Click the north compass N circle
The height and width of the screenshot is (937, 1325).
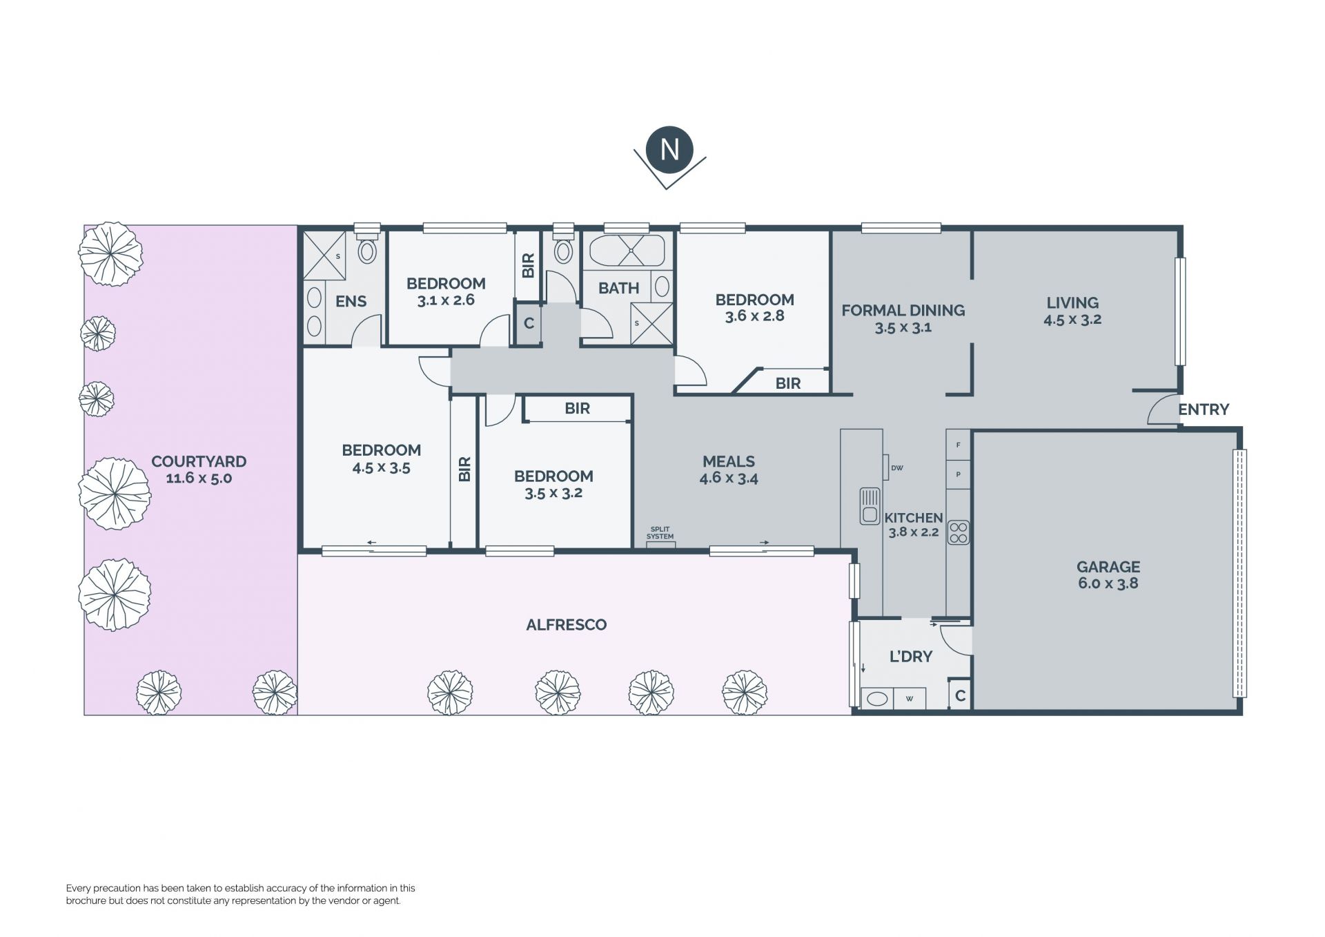(669, 150)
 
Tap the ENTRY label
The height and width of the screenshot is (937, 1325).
(1204, 409)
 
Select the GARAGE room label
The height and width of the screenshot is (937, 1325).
(1108, 567)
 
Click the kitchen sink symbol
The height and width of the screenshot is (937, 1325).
(870, 505)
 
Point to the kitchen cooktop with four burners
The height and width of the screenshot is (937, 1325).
(958, 532)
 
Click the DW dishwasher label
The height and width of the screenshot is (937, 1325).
(897, 468)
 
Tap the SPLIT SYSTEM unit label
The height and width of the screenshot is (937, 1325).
(660, 533)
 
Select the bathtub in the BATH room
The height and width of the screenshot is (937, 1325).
(627, 251)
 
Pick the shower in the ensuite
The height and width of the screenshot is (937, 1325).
(324, 255)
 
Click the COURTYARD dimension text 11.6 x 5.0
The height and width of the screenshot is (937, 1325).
(199, 478)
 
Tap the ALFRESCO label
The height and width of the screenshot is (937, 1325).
(567, 625)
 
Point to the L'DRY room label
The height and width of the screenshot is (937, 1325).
(911, 657)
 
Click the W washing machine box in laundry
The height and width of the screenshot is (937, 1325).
(910, 698)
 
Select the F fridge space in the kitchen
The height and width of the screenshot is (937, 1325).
(958, 445)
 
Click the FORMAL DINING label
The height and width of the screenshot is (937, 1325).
(903, 311)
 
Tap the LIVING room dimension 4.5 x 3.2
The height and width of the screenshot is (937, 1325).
(1072, 320)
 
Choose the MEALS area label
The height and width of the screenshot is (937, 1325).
(729, 461)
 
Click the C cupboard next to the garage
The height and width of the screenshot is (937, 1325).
(960, 697)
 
